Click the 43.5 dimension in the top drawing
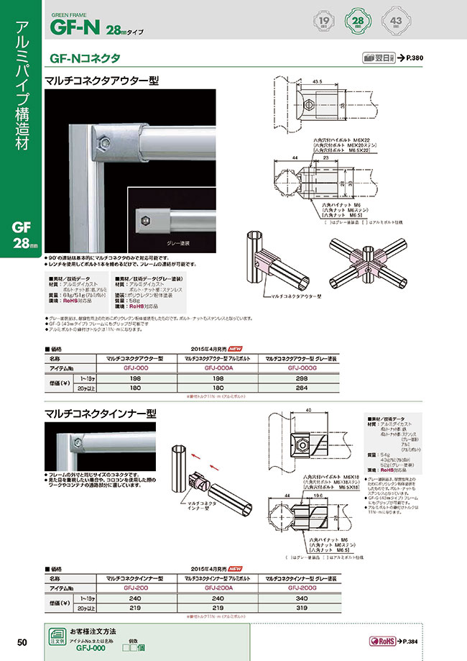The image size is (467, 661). click(318, 83)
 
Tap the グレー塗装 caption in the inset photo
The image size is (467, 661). click(175, 244)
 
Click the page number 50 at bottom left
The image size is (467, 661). click(22, 642)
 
